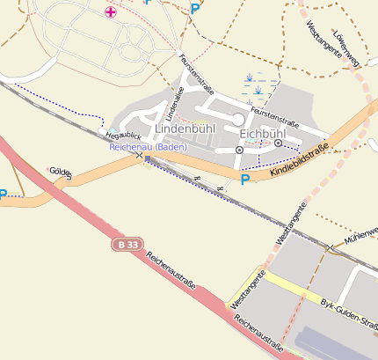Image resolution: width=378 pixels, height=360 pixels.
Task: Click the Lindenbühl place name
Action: coord(185,129)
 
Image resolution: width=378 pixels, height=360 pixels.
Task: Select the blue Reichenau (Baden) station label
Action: coord(148,147)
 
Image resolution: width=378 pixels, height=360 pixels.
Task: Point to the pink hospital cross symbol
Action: coord(110,11)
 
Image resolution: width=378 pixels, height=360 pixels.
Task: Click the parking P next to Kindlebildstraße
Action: coord(244,180)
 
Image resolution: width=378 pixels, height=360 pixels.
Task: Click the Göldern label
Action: coord(61,172)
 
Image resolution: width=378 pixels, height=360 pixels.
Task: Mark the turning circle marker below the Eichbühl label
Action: coord(239,151)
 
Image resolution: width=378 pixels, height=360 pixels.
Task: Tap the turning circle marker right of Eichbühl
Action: coord(278,143)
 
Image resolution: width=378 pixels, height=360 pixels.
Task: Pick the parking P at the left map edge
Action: coord(4,195)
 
